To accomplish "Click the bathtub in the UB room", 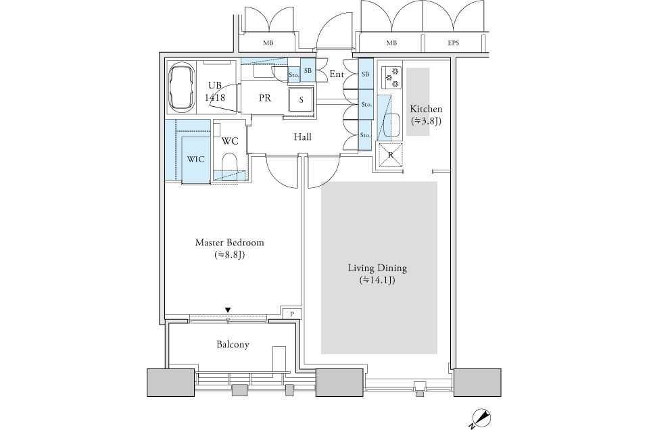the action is [x=182, y=87].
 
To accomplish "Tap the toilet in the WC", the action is [x=229, y=163].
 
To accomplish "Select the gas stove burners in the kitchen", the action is [x=391, y=77].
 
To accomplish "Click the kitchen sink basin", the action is [x=391, y=125].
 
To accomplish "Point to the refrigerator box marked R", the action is [x=391, y=155].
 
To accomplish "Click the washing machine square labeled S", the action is [x=302, y=99].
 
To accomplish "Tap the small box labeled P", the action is [x=292, y=314].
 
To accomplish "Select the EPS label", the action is [x=453, y=43].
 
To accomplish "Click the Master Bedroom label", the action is [x=229, y=243].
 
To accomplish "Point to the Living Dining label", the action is [x=377, y=268].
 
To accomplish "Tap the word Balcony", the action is [x=233, y=344].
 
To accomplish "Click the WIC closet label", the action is [x=195, y=160].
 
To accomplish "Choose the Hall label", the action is [x=303, y=137].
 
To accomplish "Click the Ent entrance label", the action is [x=337, y=74].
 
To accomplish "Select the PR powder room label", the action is [x=265, y=98].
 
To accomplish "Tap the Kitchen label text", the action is [x=426, y=109].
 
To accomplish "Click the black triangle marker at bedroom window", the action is [x=228, y=310].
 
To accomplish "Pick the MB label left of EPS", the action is [x=391, y=43].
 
